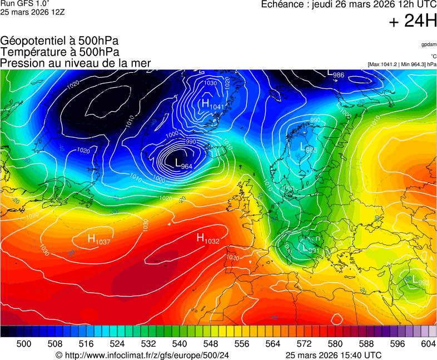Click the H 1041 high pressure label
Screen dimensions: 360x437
[x=212, y=104]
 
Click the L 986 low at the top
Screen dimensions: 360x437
[x=335, y=73]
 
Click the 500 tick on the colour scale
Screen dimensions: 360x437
[x=23, y=344]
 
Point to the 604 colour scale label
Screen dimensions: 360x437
[x=428, y=344]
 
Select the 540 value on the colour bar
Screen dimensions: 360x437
[x=179, y=344]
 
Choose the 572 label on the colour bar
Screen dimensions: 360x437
[x=304, y=344]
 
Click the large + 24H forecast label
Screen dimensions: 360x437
[x=413, y=22]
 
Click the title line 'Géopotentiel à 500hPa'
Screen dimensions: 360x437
[x=59, y=41]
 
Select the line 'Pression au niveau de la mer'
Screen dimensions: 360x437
[x=76, y=63]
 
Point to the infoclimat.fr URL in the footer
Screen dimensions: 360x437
[x=142, y=355]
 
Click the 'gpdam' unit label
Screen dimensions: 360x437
[x=429, y=44]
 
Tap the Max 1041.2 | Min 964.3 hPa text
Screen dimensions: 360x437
[x=402, y=64]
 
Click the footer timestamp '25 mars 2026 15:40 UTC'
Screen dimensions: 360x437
[x=334, y=355]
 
